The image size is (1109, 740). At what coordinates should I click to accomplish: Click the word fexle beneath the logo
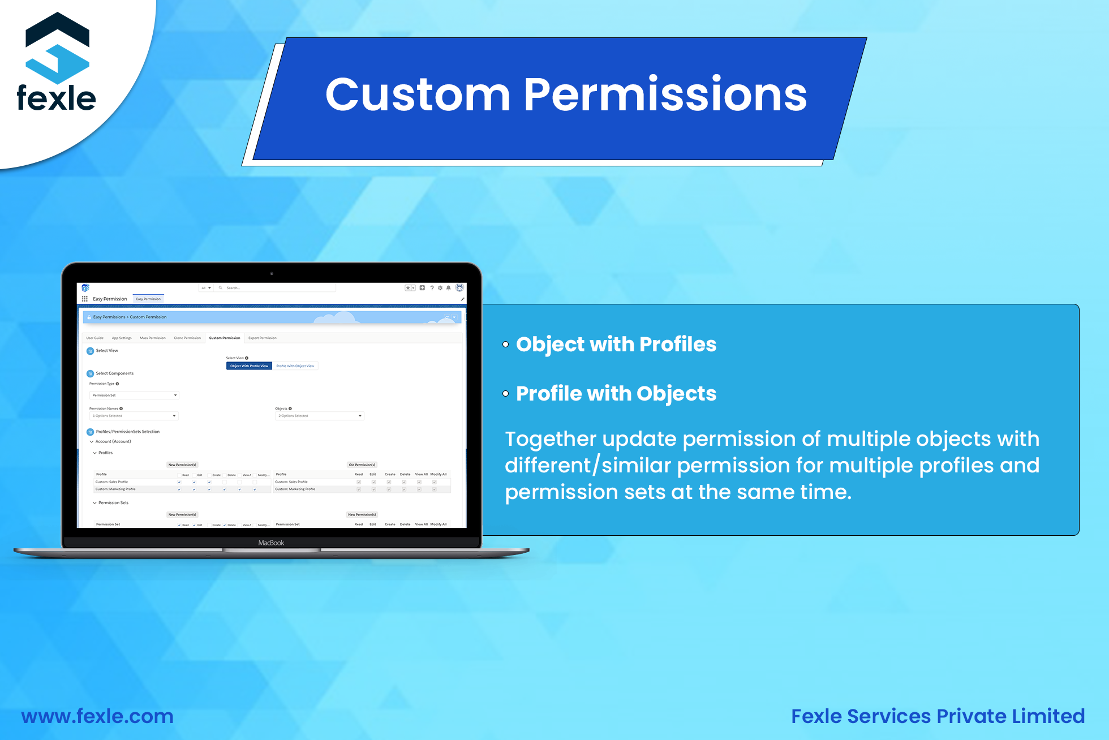56,98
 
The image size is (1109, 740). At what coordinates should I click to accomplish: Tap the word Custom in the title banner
418,94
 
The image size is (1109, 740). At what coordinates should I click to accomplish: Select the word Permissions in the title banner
665,94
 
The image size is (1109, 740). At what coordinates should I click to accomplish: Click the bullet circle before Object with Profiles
506,344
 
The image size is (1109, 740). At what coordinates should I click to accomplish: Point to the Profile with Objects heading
616,393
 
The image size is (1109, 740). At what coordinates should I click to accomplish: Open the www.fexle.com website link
97,716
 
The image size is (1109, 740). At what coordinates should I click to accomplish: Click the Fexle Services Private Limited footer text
938,716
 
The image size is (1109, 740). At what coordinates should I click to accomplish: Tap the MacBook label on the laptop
271,543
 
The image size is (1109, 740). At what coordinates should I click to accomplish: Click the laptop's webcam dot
272,273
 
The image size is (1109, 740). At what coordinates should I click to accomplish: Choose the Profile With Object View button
295,366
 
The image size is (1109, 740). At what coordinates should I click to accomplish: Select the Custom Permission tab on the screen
225,338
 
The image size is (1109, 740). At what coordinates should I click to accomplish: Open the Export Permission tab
263,338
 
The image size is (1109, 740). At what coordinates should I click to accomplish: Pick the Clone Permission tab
187,338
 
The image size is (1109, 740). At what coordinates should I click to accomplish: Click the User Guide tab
95,338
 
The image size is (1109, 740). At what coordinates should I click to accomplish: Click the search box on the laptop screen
277,288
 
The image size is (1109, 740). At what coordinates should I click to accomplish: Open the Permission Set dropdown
134,395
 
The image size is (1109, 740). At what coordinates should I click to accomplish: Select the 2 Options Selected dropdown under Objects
320,416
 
